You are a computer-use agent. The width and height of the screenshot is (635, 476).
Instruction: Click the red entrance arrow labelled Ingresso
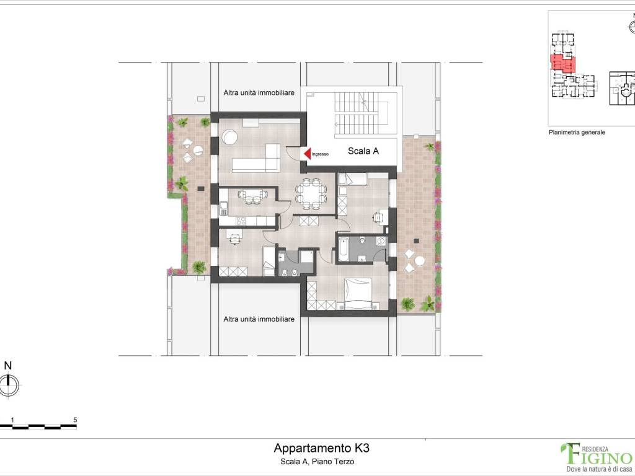click(306, 153)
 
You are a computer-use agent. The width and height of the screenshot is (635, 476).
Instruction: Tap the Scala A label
click(363, 150)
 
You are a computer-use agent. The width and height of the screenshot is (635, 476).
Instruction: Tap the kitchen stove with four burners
click(240, 221)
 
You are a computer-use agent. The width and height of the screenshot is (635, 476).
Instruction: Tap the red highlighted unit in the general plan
click(561, 63)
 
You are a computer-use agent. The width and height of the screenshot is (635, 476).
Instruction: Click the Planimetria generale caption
click(576, 133)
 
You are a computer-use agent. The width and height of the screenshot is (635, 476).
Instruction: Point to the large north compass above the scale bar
click(8, 385)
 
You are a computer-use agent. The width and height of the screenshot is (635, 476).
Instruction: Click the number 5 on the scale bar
click(75, 420)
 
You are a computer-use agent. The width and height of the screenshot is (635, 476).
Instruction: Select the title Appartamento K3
click(317, 448)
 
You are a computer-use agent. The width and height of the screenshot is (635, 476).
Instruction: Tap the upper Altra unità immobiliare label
click(259, 92)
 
